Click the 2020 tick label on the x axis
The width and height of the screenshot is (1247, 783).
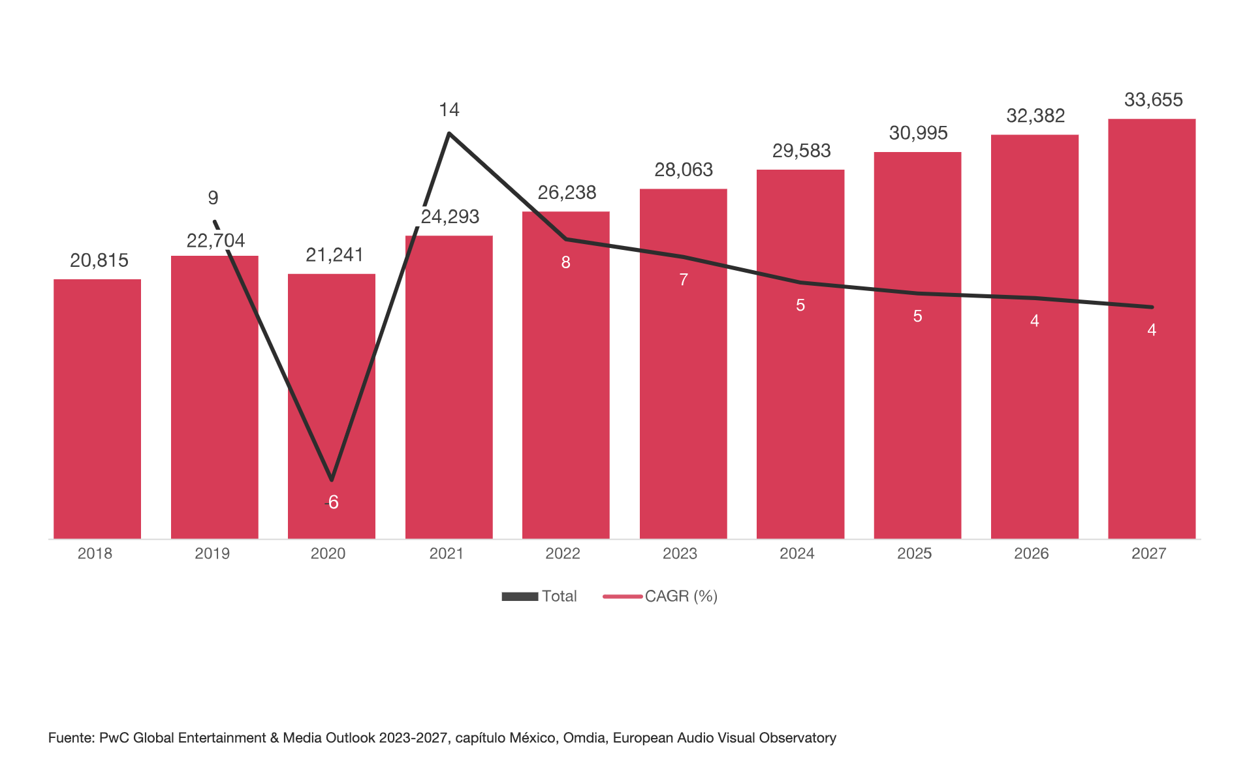pos(328,554)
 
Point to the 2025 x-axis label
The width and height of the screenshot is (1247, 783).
pos(914,554)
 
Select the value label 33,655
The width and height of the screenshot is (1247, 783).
pos(1153,100)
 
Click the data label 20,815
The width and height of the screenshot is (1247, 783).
pos(99,260)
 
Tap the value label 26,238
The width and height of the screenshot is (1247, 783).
pos(567,192)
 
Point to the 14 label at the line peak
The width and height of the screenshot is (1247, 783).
pos(449,110)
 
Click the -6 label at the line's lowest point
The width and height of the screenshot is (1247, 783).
pos(332,502)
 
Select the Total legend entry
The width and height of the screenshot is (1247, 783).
pos(539,596)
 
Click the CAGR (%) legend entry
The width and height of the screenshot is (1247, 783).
pos(661,596)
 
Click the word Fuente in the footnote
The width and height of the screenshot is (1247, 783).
pos(71,738)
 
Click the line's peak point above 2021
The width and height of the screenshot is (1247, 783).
pos(449,134)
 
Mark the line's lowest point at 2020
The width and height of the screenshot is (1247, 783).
pos(332,480)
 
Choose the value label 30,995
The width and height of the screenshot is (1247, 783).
pos(918,133)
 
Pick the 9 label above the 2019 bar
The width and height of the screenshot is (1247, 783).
pos(213,198)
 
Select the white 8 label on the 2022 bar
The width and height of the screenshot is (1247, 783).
pos(566,262)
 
